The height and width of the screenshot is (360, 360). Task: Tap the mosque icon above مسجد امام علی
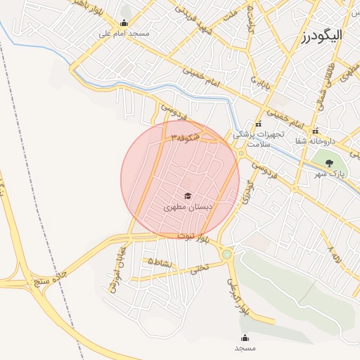125,22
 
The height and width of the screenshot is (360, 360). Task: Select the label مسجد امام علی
124,33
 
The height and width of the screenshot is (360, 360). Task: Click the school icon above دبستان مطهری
187,196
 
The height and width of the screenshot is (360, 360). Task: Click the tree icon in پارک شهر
329,165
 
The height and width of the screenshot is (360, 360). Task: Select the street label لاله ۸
333,254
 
